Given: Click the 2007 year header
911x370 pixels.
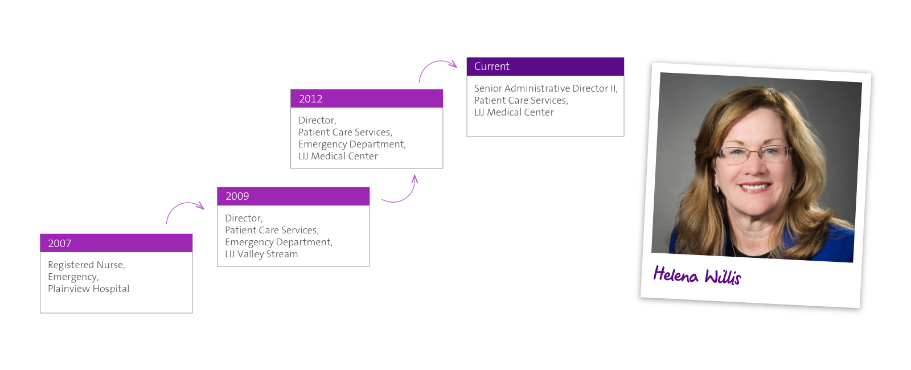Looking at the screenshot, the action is (59, 243).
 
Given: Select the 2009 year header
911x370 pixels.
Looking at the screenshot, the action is (237, 196).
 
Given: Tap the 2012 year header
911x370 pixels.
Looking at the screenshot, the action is (311, 99).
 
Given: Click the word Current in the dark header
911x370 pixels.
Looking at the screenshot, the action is (492, 66).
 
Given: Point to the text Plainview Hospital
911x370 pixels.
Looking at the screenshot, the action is (89, 289).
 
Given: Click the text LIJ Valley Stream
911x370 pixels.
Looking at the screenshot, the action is (261, 254).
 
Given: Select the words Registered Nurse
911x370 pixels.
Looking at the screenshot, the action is (85, 265).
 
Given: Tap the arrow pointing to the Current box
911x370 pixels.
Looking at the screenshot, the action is (434, 62).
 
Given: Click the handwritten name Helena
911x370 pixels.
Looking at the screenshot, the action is (675, 274).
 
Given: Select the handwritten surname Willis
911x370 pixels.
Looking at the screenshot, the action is (723, 277).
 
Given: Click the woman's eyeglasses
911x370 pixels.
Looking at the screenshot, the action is (754, 154).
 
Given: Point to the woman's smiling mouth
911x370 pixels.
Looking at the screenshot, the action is (754, 187).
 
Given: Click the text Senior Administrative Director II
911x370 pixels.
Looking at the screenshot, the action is (546, 88).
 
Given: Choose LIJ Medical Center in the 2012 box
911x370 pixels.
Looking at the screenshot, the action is (338, 156).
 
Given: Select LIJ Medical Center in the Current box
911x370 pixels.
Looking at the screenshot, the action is (514, 112).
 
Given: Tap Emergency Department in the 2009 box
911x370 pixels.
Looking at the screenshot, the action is (278, 242).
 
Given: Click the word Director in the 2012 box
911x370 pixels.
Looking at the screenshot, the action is (317, 120).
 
